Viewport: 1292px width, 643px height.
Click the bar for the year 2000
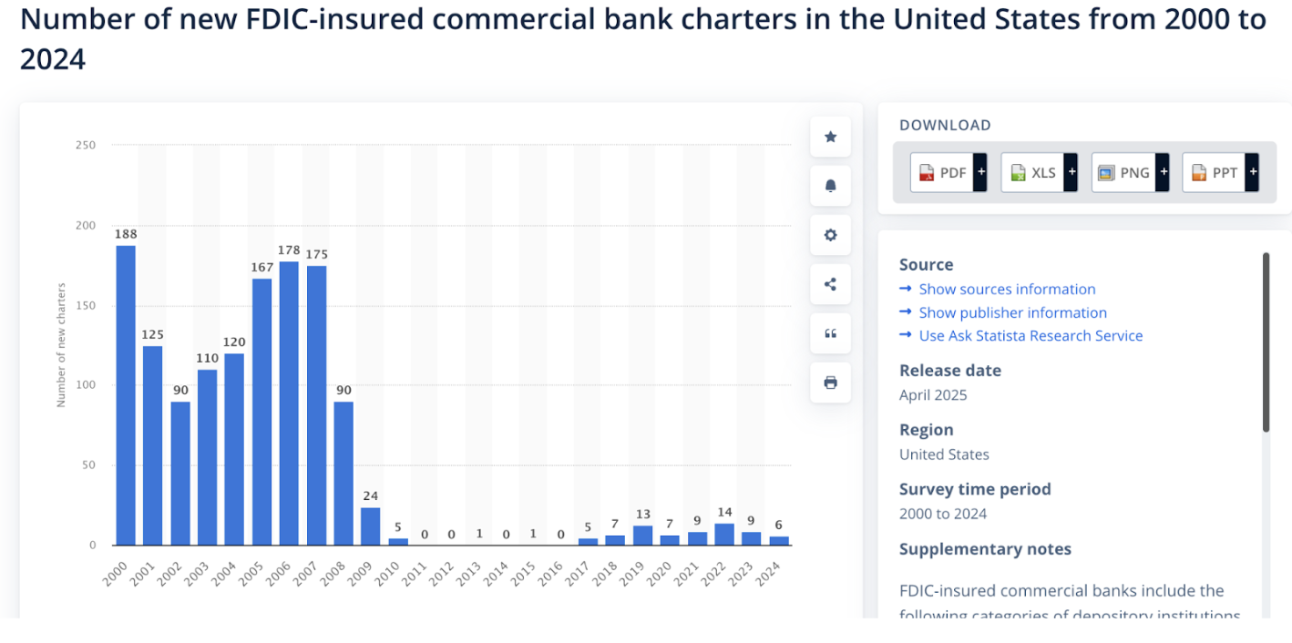click(126, 395)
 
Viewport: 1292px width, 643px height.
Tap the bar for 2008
click(344, 473)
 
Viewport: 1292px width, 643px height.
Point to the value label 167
click(261, 268)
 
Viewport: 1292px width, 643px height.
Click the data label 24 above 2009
click(370, 495)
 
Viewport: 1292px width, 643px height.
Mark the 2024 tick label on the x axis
click(769, 571)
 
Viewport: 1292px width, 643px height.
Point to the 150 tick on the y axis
click(85, 305)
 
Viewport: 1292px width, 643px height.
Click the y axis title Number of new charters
click(62, 345)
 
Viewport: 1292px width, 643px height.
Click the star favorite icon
click(830, 137)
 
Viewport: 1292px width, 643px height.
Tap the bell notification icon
click(830, 186)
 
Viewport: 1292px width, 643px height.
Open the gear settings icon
click(830, 235)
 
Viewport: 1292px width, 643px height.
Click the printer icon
click(830, 383)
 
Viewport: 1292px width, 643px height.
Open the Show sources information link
click(1007, 289)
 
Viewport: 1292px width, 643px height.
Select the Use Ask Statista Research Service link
click(1031, 335)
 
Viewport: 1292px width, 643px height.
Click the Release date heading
click(949, 370)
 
